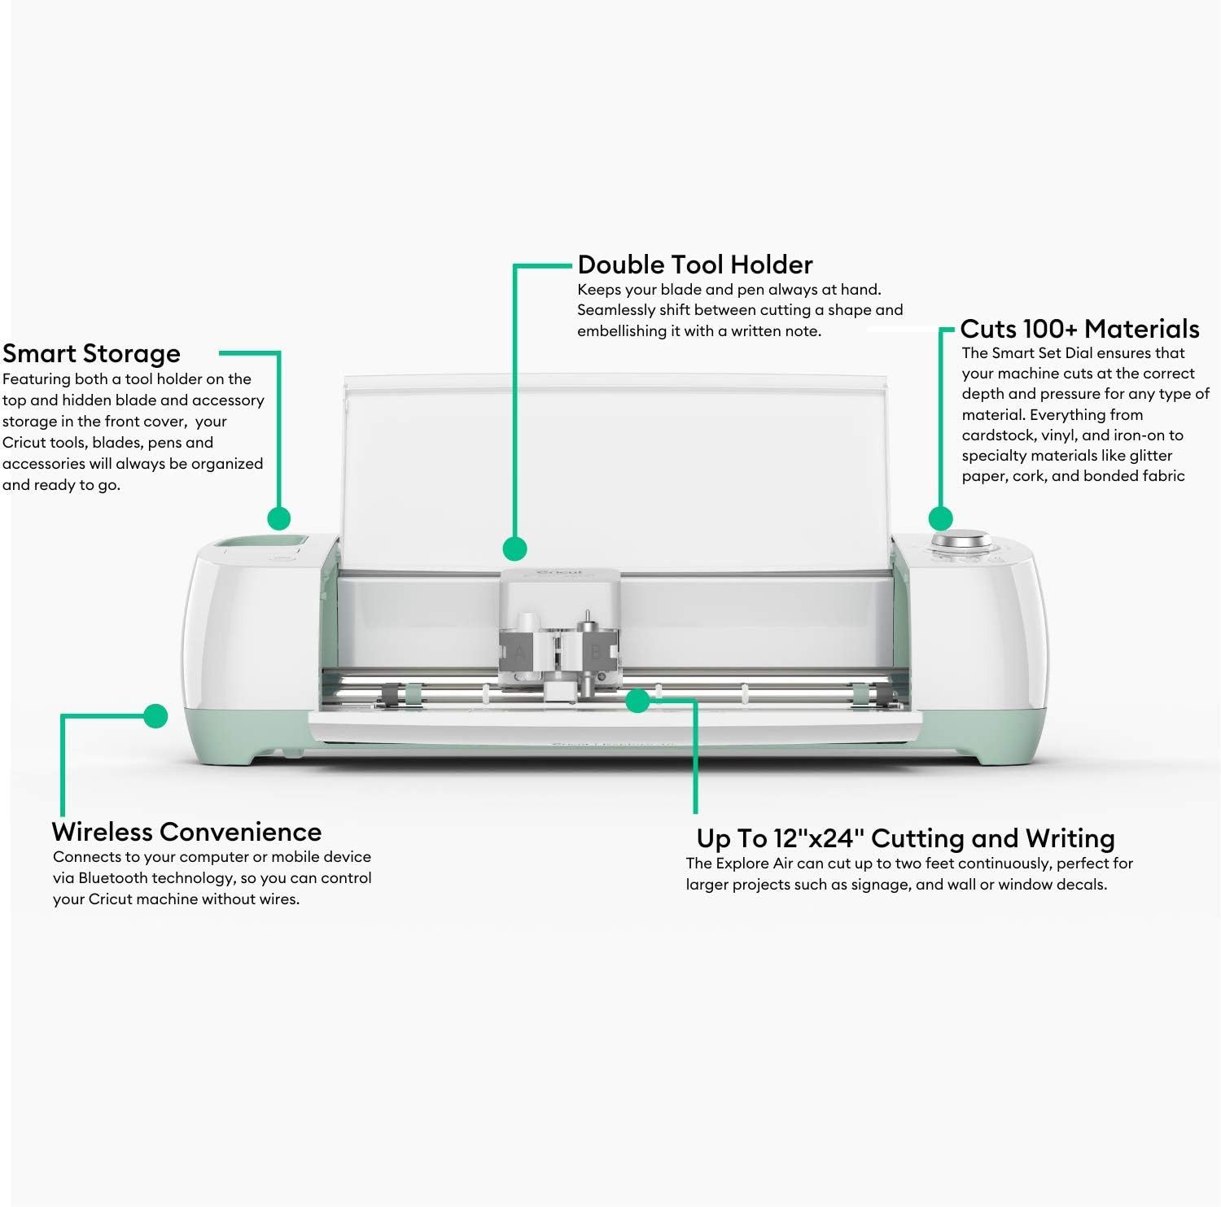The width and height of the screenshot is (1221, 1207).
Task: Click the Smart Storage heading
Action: coord(91,354)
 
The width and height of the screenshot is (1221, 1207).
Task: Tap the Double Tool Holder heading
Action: coord(694,265)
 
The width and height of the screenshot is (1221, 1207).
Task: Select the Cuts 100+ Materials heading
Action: coord(1079,329)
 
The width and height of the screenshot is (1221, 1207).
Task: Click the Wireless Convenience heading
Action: coord(186,832)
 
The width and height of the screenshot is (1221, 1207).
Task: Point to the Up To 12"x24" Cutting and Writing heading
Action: coord(905,838)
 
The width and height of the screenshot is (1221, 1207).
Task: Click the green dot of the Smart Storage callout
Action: coord(279,518)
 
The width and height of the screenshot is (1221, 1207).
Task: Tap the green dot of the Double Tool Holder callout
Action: coord(514,549)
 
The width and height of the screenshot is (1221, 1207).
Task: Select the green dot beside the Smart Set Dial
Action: coord(941,518)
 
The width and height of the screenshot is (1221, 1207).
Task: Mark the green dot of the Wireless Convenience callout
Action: coord(155,716)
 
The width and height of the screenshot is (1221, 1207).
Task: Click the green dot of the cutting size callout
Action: coord(638,700)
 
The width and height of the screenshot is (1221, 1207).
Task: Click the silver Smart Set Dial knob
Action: coord(961,541)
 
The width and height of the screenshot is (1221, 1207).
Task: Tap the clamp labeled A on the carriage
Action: coord(520,652)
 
